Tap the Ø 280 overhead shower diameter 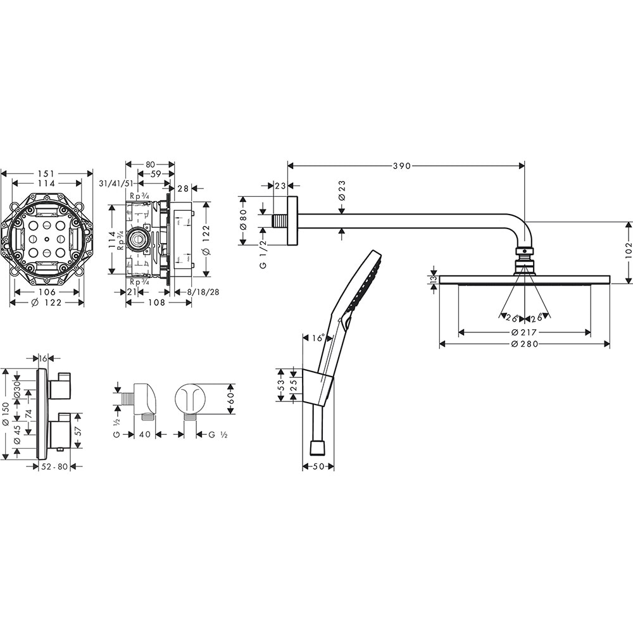click(524, 344)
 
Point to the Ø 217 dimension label click(524, 332)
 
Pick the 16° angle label click(318, 338)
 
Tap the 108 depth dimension click(157, 303)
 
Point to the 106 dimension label click(47, 292)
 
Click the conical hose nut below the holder click(317, 448)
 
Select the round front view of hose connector click(191, 399)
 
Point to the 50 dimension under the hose click(318, 467)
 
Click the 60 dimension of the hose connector click(231, 399)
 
